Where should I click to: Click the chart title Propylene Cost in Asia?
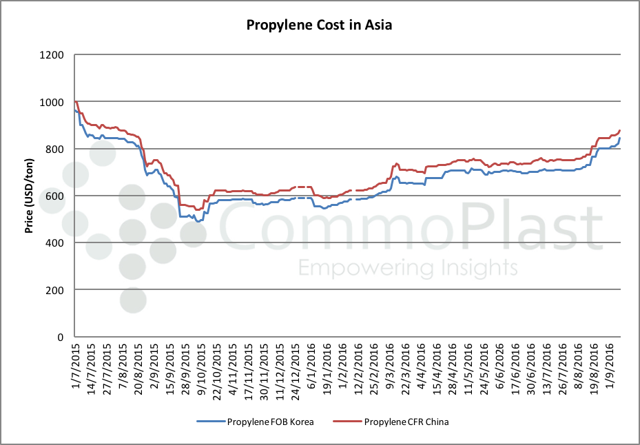[320, 26]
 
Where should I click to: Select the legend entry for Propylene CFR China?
[406, 422]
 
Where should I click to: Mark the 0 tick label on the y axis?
[61, 337]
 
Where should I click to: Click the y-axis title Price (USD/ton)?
[30, 196]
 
